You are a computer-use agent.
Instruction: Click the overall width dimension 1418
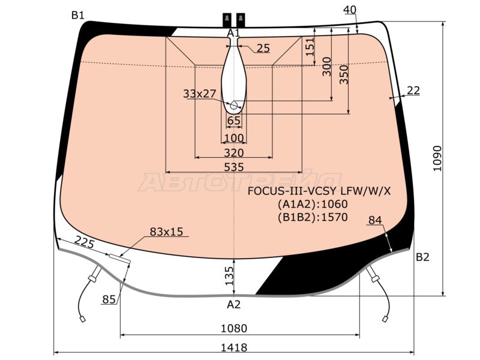point(234,347)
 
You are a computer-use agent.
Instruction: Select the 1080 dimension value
point(234,328)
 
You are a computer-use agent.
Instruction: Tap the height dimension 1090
point(437,158)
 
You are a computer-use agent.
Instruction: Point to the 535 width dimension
point(234,167)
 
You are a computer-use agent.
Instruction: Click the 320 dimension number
point(234,153)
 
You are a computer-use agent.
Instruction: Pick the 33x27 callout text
point(200,94)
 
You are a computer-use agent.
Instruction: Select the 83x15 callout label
point(166,232)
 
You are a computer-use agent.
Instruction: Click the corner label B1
point(78,15)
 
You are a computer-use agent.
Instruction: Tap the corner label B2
point(422,257)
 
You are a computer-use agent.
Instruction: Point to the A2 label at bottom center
point(234,304)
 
